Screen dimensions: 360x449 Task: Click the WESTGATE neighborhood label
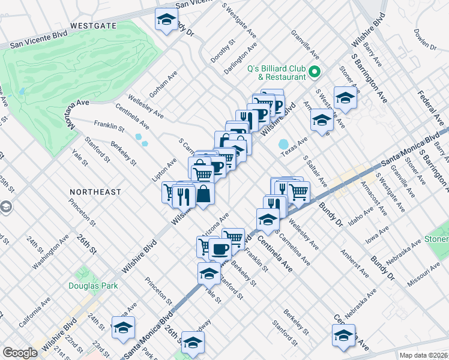(x=92, y=26)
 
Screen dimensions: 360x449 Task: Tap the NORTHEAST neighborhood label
(x=95, y=192)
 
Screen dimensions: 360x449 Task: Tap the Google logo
(x=20, y=353)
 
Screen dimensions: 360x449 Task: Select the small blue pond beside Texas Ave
(x=283, y=145)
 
